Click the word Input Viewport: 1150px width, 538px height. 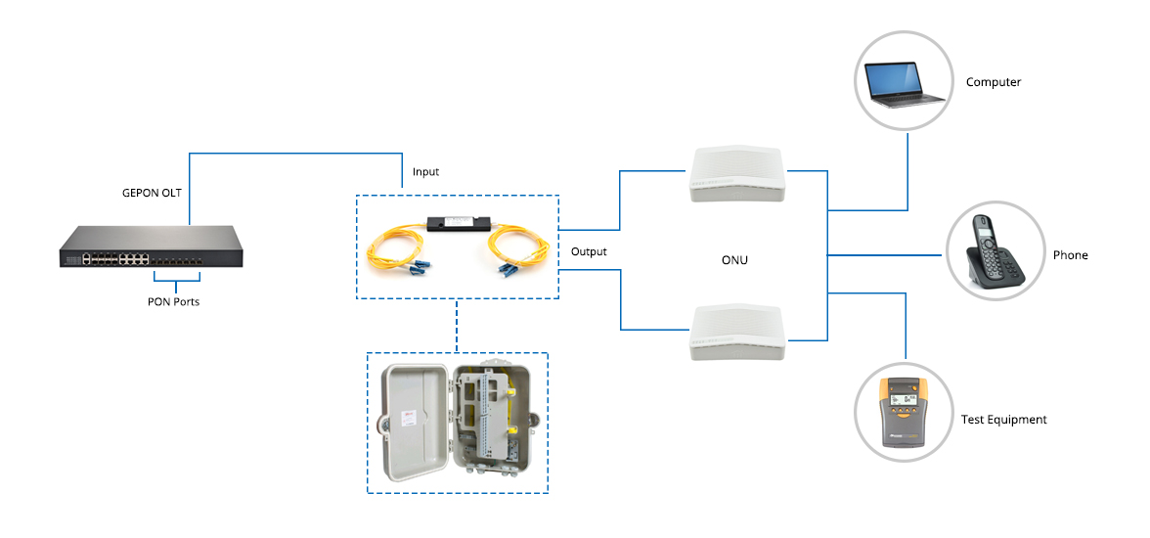425,172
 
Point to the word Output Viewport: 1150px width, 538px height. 589,251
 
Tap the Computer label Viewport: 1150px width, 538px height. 993,82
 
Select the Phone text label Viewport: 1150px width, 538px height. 1070,255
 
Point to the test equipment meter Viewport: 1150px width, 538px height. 904,413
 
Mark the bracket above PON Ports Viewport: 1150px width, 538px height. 175,285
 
